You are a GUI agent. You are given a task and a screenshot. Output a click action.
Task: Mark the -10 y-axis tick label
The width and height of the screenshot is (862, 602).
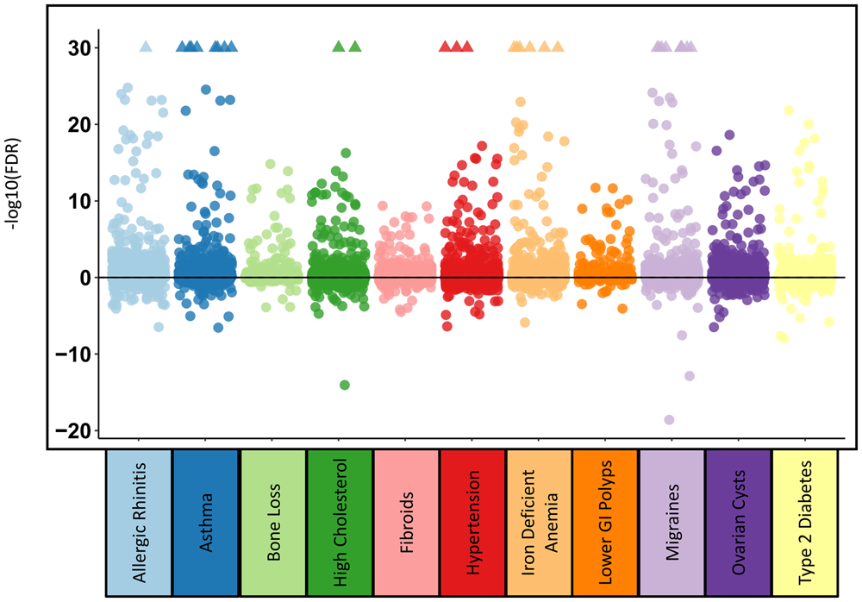(x=76, y=354)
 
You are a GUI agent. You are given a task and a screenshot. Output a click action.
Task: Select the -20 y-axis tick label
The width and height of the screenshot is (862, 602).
(x=76, y=430)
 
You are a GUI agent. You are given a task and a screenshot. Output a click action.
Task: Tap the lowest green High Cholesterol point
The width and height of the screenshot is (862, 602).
(x=345, y=385)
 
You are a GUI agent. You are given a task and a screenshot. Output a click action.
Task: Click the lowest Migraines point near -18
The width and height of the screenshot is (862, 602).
(x=669, y=420)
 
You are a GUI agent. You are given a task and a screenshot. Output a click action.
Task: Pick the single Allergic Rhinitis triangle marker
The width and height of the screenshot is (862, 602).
(x=146, y=47)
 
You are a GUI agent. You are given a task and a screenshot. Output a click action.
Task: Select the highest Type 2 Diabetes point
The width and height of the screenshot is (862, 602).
(x=788, y=110)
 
